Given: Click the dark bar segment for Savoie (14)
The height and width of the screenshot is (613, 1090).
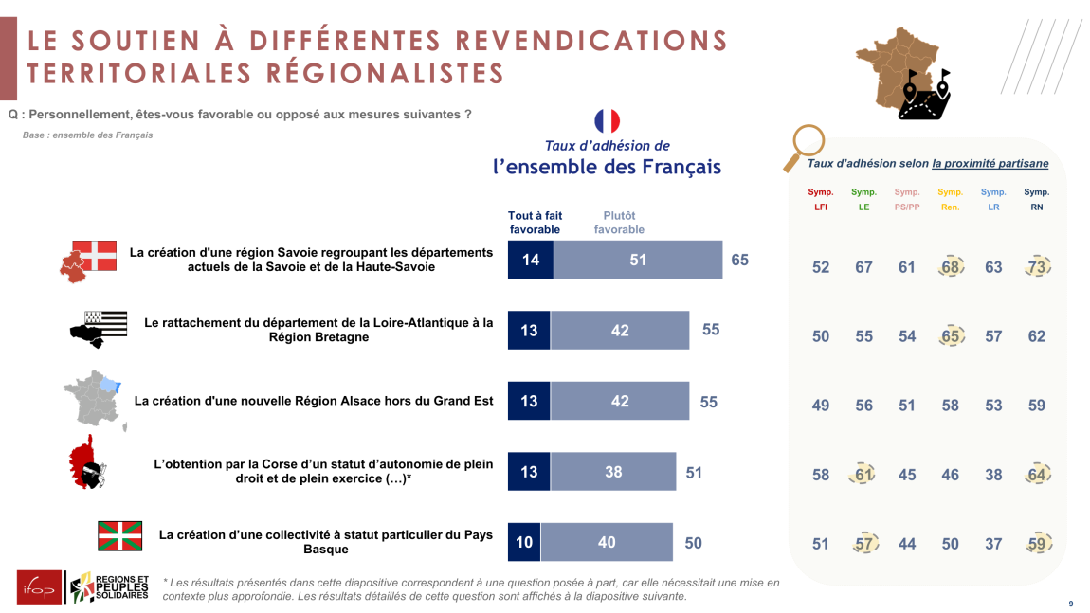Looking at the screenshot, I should [531, 260].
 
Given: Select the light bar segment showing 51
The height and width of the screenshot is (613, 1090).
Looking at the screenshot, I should [638, 260].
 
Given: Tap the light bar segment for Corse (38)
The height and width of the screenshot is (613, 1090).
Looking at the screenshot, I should [613, 471].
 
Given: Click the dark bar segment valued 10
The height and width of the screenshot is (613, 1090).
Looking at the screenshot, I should [524, 542].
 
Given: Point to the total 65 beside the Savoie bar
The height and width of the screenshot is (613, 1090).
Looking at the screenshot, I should [739, 260].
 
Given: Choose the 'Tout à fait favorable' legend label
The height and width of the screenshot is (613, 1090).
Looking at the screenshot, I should [535, 223].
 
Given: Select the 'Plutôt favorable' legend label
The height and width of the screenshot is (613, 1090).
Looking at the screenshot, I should [619, 223].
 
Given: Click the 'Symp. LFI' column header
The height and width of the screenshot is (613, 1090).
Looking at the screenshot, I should [821, 199].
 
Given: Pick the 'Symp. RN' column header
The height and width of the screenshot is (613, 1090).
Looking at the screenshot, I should [1037, 199].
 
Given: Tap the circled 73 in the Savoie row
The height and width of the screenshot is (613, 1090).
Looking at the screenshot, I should [1037, 267].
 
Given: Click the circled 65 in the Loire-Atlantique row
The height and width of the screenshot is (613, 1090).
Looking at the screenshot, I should [951, 336].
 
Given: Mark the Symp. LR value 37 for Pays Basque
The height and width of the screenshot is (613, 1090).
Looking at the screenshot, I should [993, 544].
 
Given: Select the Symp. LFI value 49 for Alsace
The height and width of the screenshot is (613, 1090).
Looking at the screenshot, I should [821, 406].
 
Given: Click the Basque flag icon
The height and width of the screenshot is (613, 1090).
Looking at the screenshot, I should [120, 535].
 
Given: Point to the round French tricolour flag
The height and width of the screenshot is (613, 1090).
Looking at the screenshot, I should [607, 121].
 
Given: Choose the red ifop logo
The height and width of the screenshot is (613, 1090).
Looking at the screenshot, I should [39, 587].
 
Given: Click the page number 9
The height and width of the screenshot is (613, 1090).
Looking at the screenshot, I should [1071, 604].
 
